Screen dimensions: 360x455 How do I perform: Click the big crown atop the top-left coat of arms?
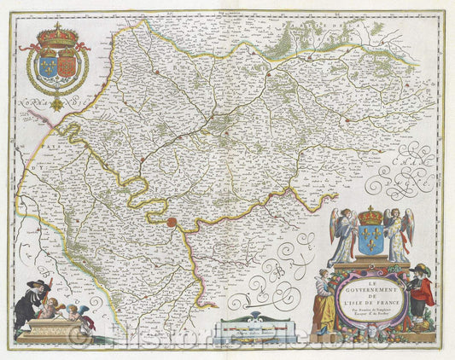point(59,35)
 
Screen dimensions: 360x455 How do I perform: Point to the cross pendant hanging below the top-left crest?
point(57,104)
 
